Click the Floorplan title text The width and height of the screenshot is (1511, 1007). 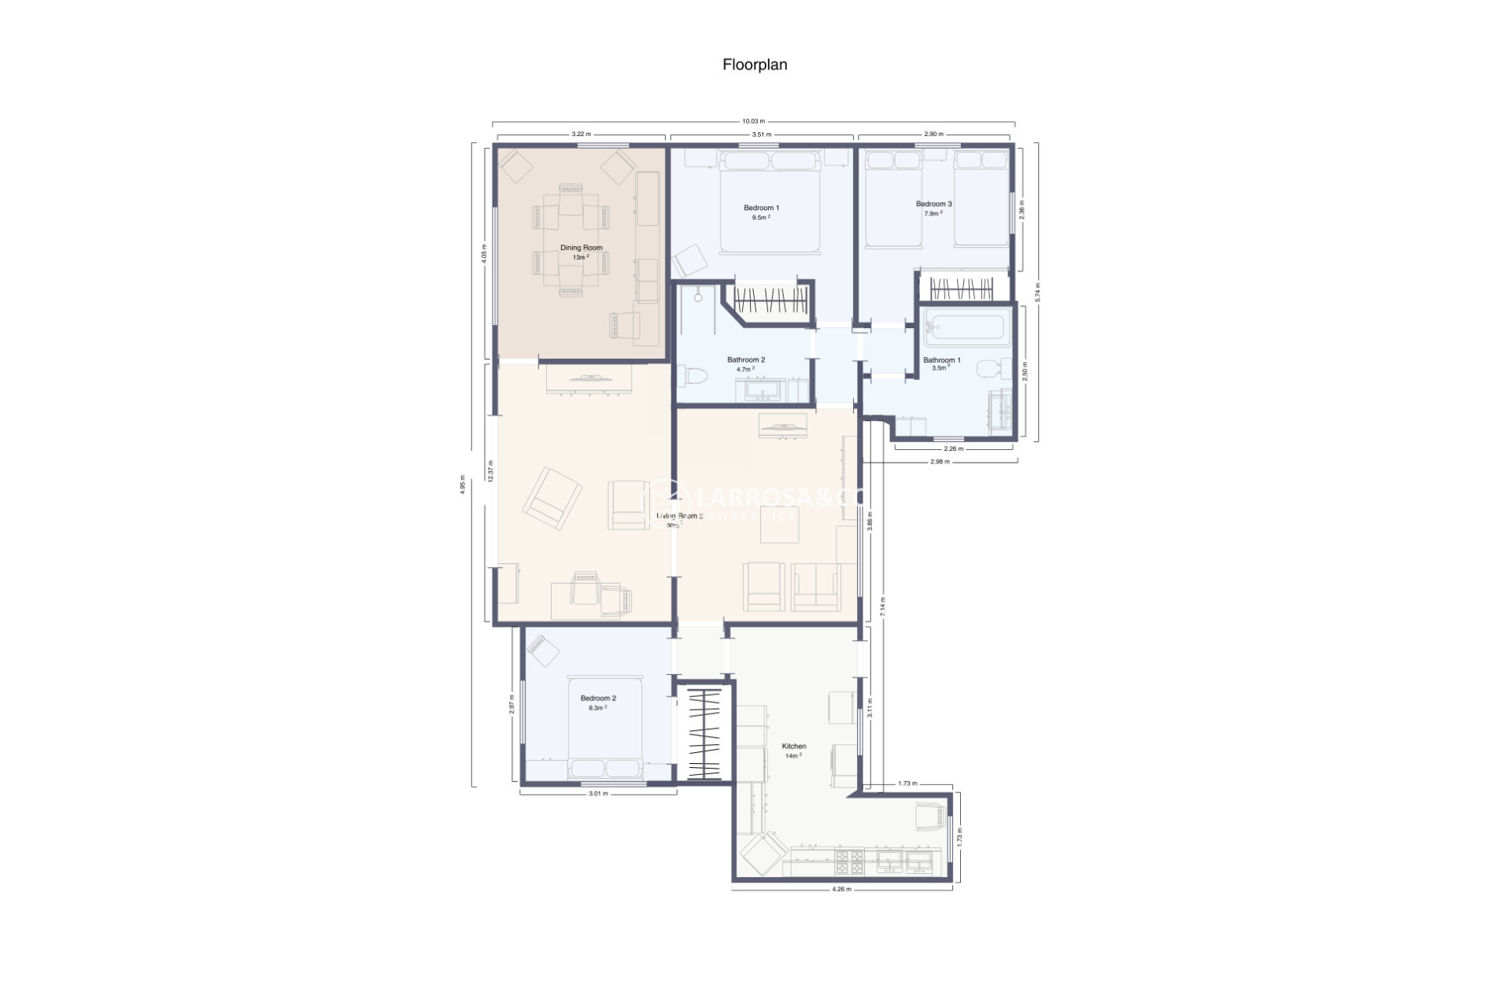click(x=755, y=65)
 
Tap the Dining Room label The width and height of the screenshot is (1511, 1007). click(x=581, y=248)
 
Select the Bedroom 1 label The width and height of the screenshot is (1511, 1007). click(x=761, y=208)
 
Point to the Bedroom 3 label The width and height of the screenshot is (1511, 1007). click(x=933, y=205)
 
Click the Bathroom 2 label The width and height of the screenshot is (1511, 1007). click(x=745, y=360)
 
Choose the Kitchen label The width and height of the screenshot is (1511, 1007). click(x=793, y=747)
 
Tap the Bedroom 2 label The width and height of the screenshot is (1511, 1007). click(x=598, y=699)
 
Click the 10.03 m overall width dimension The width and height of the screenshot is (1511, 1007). click(x=753, y=121)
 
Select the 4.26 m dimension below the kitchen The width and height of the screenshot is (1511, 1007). click(x=841, y=890)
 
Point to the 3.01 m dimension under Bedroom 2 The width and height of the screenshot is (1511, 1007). click(x=598, y=794)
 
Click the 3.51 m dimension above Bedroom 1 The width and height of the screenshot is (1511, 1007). click(x=760, y=135)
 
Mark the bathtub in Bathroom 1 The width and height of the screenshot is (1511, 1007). click(x=966, y=327)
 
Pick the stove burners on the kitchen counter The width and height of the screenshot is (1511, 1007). click(x=849, y=862)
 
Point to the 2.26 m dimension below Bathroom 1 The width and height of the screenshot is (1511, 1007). click(x=953, y=449)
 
